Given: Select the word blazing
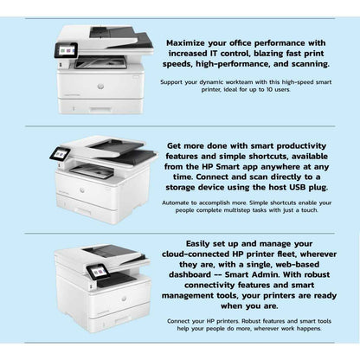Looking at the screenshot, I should point(280,52).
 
